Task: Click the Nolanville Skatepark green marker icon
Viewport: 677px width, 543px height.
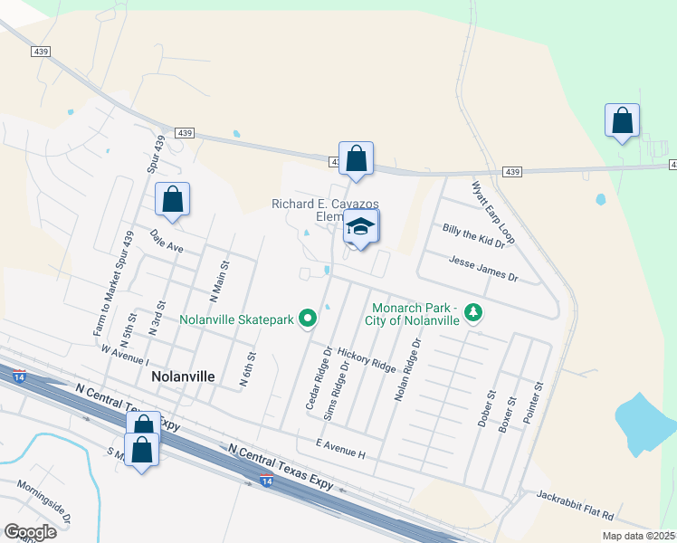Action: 308,318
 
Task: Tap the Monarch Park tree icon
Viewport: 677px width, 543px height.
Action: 472,313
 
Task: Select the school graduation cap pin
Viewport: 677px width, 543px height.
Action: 361,227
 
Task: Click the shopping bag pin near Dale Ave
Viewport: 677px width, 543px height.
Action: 173,200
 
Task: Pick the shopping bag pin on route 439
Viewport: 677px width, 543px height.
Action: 357,158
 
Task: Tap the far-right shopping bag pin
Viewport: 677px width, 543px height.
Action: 622,120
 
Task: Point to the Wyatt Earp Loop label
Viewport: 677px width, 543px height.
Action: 492,212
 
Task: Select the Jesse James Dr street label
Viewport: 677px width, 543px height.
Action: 482,266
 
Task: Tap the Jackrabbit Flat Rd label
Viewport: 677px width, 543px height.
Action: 575,505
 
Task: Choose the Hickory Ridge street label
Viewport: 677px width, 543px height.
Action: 367,359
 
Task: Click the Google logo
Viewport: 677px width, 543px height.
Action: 30,531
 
